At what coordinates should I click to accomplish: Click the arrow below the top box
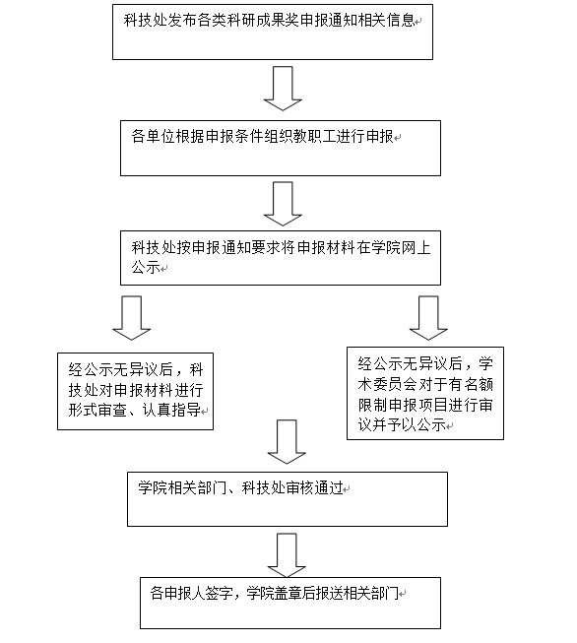(283, 89)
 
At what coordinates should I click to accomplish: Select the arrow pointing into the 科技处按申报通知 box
(283, 204)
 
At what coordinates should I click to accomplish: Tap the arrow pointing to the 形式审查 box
(132, 318)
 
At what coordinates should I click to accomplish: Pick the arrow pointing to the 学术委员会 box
(428, 318)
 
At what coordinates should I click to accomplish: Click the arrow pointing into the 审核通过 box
(287, 442)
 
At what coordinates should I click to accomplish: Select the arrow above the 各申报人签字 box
(287, 555)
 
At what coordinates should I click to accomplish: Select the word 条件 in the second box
(248, 136)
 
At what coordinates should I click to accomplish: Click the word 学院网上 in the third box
(401, 248)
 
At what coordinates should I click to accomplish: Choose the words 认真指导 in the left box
(171, 410)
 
